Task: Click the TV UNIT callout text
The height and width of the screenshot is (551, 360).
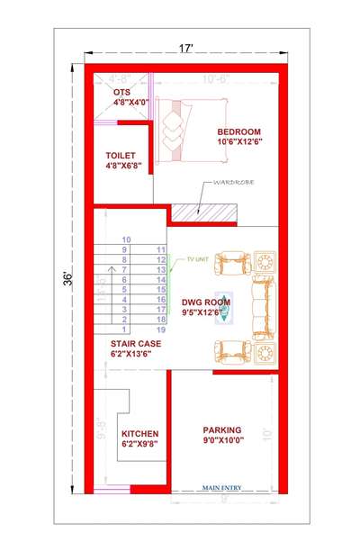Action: tap(198, 259)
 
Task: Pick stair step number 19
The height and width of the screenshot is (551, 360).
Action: tap(161, 330)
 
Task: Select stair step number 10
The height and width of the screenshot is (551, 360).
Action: tap(126, 239)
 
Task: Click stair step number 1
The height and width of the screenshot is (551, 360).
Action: tap(126, 330)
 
